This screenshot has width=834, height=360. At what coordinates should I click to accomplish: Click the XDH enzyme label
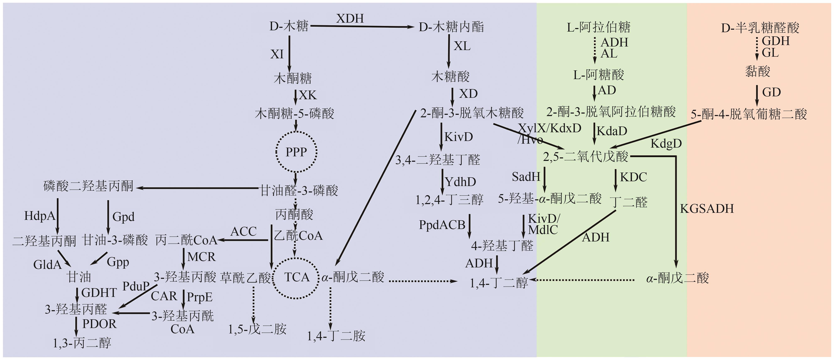(x=350, y=18)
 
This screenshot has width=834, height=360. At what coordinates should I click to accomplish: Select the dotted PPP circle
(x=296, y=152)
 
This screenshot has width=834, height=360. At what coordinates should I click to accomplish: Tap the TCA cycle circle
(x=296, y=277)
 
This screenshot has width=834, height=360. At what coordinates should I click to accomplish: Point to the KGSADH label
(x=706, y=209)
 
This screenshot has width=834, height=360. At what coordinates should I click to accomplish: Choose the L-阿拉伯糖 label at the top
(x=598, y=27)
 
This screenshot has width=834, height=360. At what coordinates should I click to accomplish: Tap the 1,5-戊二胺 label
(x=257, y=329)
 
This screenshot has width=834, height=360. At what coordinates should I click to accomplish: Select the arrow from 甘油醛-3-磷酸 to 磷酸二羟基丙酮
(x=197, y=188)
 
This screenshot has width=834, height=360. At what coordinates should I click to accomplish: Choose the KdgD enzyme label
(x=666, y=143)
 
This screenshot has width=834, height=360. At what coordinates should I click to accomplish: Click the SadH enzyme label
(x=526, y=177)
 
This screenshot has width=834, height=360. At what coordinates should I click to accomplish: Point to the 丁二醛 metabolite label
(x=629, y=202)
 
